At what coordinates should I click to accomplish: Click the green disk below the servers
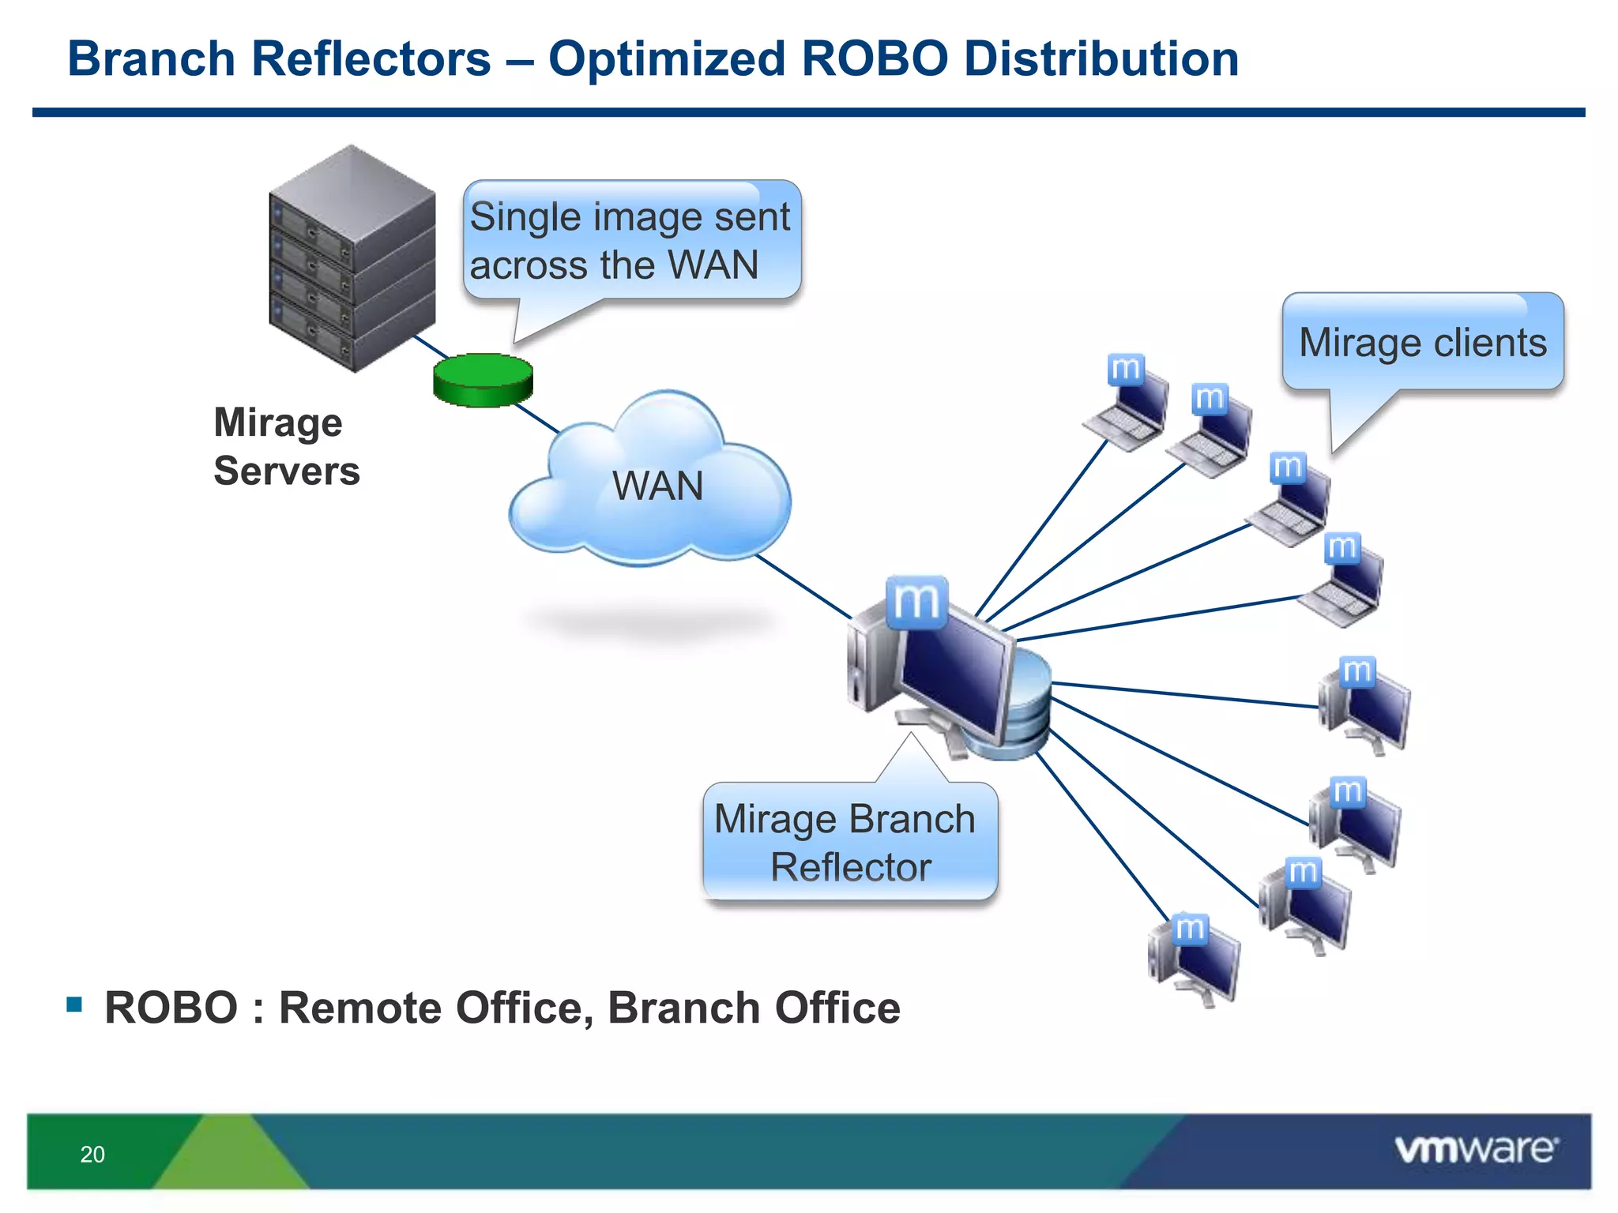pos(483,380)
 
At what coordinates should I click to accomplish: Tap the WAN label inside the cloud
pos(657,486)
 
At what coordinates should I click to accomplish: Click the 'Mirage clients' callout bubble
pos(1423,343)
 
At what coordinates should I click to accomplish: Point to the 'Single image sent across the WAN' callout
pos(630,240)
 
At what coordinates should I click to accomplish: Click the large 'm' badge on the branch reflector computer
pos(916,603)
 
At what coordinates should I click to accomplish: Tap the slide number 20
pos(92,1155)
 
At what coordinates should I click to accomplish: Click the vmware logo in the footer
pos(1476,1149)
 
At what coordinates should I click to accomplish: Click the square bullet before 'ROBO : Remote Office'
pos(75,1005)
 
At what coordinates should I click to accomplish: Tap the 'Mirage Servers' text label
pos(285,446)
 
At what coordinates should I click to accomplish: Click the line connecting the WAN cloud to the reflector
pos(802,586)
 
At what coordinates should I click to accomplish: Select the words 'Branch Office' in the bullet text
pos(754,1008)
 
